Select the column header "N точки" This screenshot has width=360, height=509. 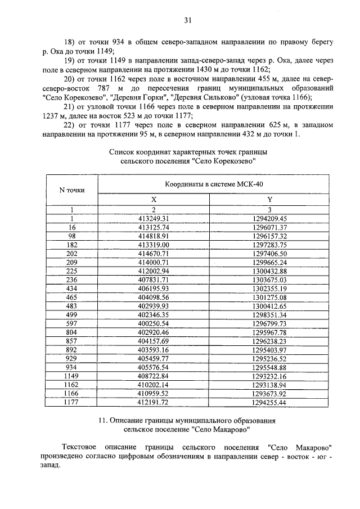pos(72,190)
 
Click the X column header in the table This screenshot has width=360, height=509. pos(154,200)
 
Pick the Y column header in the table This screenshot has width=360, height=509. pos(270,200)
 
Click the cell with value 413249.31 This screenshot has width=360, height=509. pos(154,218)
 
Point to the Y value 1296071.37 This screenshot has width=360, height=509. pos(270,227)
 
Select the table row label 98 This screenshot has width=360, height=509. pos(72,236)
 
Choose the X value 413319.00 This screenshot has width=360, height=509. pos(154,245)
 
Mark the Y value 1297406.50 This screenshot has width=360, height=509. pos(270,254)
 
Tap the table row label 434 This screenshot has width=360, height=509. pos(72,289)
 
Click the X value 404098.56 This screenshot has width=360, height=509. pos(154,298)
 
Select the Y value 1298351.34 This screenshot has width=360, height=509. pos(270,315)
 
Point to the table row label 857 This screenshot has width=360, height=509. pos(72,341)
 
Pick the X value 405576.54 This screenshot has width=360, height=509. pos(154,367)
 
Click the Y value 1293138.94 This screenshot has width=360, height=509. pos(270,385)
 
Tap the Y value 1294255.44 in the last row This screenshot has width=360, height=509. pos(270,403)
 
